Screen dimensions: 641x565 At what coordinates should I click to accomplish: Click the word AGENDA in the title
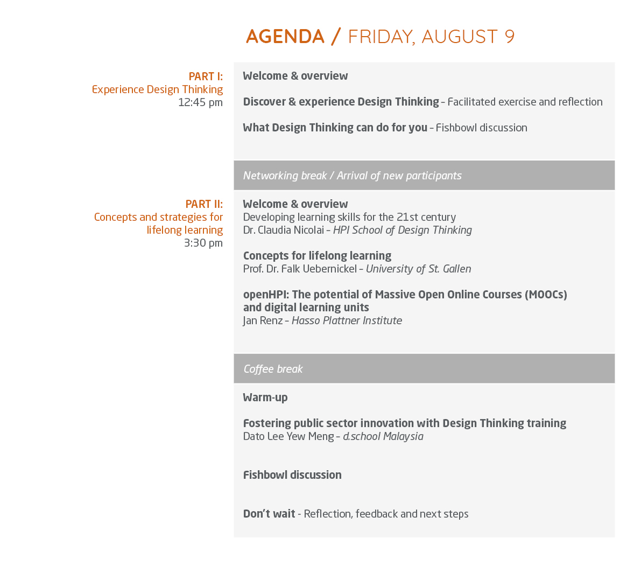(285, 37)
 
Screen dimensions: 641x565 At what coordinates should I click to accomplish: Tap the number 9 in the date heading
(509, 37)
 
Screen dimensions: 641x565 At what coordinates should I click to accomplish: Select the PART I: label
(206, 76)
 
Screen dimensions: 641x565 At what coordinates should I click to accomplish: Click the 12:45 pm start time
(200, 102)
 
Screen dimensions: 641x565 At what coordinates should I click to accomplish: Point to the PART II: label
(204, 204)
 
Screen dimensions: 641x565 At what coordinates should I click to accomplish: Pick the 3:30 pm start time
(203, 243)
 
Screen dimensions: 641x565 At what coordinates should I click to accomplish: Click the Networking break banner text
(353, 176)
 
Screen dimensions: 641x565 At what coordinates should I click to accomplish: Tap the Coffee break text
(273, 369)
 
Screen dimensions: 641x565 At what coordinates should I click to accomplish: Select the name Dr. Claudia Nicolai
(283, 230)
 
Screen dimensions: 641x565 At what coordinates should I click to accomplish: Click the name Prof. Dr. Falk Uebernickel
(300, 269)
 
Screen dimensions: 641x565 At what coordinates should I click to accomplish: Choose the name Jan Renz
(263, 320)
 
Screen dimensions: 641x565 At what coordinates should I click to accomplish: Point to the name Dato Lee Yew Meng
(288, 436)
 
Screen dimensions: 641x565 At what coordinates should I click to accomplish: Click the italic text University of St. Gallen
(419, 269)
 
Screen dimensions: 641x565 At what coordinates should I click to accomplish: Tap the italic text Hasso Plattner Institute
(347, 320)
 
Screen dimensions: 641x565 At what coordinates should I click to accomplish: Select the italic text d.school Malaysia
(383, 436)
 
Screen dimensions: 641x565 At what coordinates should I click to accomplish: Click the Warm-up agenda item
(265, 397)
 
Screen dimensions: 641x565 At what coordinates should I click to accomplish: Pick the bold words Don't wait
(269, 513)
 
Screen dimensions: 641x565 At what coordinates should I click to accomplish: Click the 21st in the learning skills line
(409, 217)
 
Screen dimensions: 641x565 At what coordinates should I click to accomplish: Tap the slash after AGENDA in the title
(336, 37)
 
